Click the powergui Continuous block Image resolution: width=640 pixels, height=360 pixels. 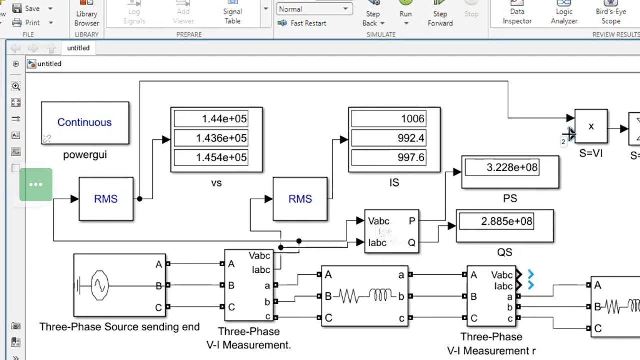tap(85, 123)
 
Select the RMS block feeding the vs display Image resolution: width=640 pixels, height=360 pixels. tap(106, 199)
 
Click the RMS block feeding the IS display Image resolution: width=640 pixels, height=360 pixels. tap(300, 199)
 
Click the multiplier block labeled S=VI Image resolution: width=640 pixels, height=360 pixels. tap(591, 126)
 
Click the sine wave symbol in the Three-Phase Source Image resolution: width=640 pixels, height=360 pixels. tap(100, 285)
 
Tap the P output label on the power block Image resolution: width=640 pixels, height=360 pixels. tap(412, 221)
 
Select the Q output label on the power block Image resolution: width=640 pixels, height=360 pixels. tap(412, 242)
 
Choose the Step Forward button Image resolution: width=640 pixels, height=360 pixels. tap(440, 15)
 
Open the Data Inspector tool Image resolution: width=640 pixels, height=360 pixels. tap(517, 15)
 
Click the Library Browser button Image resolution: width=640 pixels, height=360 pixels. tap(87, 15)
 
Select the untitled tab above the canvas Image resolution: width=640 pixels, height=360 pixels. tap(78, 48)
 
